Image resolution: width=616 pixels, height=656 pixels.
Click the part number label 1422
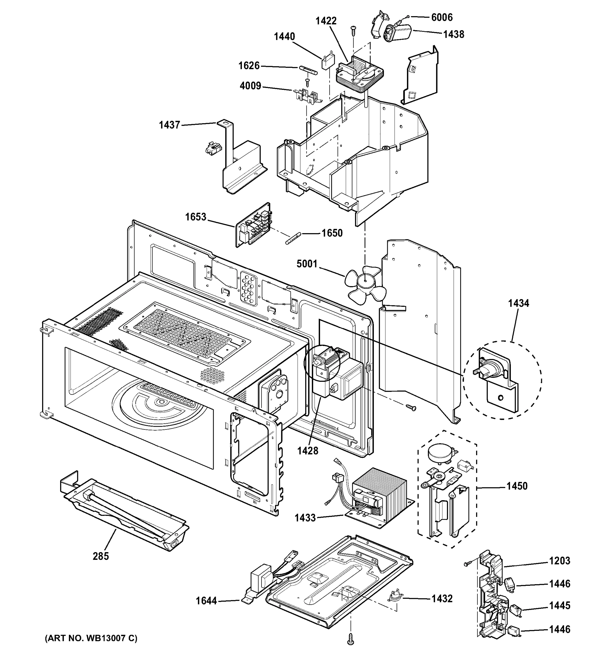326,21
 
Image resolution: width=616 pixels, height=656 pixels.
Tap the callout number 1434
518,303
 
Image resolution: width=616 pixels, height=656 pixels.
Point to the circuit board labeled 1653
253,225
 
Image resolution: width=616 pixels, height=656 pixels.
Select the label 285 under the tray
101,556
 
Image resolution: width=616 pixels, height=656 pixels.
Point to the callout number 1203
560,561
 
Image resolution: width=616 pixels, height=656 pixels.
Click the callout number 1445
560,605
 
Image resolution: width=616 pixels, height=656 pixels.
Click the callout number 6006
442,17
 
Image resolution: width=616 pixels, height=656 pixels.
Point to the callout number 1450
517,486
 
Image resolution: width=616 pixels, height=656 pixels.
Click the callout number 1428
307,451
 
